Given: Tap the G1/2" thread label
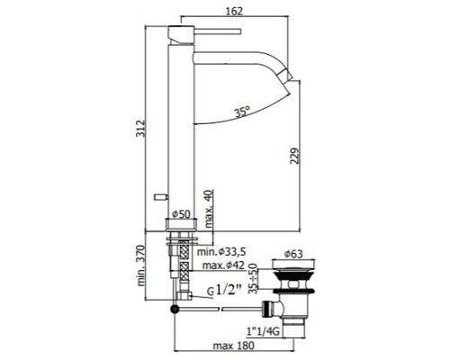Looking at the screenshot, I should coord(227,292).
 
